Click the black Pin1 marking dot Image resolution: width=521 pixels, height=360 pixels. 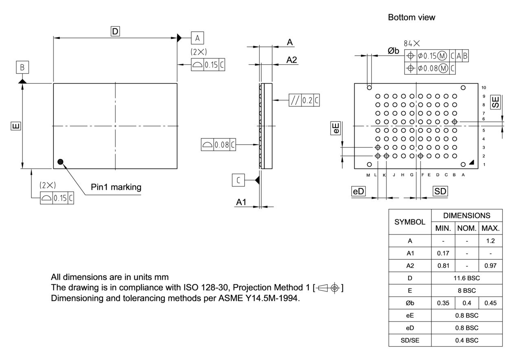61,162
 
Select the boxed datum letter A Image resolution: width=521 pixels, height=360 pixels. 197,38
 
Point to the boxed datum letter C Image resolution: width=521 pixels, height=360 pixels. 239,180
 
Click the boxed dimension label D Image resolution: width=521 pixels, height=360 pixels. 116,31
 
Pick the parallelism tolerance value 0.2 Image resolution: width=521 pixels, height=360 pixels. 306,100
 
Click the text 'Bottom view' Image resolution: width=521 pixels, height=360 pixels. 412,18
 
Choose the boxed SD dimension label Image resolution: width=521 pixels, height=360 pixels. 440,191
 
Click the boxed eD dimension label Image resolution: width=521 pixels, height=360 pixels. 358,191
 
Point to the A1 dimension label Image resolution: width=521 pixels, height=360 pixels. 241,202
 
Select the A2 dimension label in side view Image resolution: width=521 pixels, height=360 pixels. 291,60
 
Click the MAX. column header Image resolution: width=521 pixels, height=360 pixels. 491,228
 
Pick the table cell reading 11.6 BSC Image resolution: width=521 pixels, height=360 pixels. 466,278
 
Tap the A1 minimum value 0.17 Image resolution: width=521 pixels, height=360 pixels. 443,253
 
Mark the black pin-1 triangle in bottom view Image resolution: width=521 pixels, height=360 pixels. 471,162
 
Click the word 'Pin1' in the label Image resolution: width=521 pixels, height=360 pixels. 100,187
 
